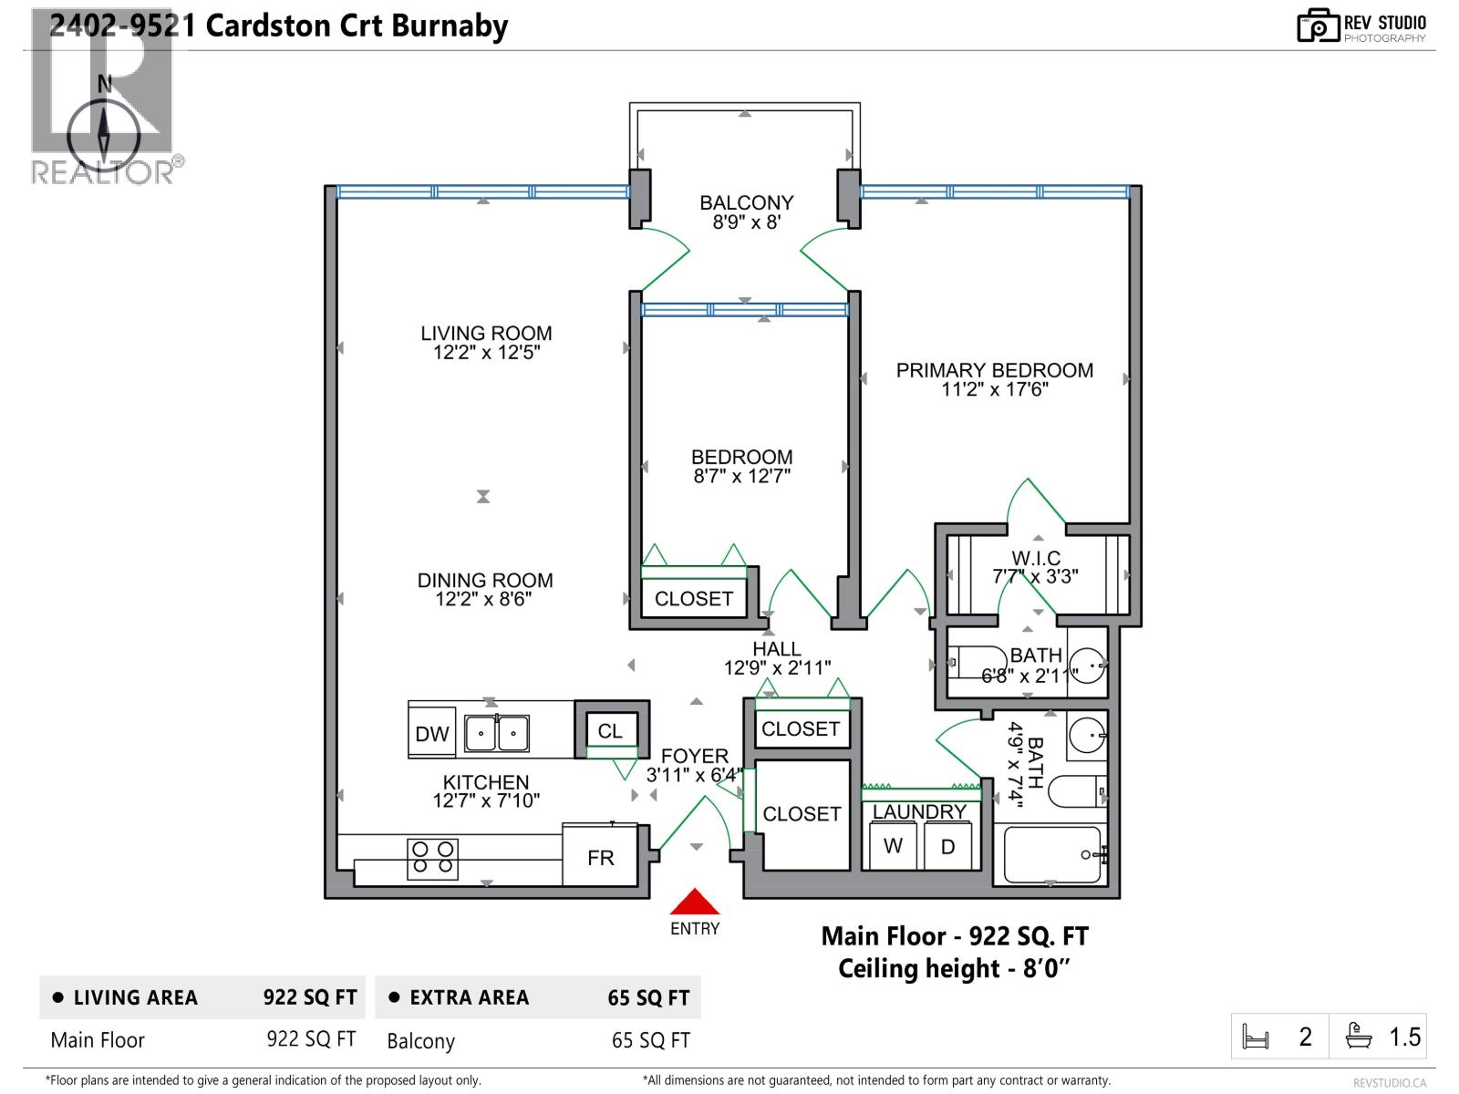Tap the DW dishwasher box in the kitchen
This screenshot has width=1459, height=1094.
click(x=431, y=734)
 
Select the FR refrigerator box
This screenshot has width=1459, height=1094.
click(x=600, y=857)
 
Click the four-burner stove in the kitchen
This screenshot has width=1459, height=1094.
click(x=432, y=859)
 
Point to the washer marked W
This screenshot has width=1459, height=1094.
click(x=893, y=846)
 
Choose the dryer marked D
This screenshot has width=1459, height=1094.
click(x=947, y=847)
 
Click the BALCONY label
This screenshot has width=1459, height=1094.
click(x=746, y=202)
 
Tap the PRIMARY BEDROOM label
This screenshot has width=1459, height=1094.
click(x=994, y=370)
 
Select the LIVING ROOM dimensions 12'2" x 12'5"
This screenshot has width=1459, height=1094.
click(x=486, y=353)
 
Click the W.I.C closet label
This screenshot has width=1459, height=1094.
click(x=1035, y=558)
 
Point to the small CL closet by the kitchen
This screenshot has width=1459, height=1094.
click(x=610, y=730)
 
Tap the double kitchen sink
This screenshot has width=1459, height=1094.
click(x=496, y=733)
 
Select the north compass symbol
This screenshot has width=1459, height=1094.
click(x=104, y=133)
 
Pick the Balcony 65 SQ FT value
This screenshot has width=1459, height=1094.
click(x=650, y=1040)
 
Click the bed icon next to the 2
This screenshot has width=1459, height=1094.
click(x=1256, y=1037)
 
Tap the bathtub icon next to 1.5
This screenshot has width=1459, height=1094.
click(x=1359, y=1037)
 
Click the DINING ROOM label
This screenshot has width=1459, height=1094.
click(x=485, y=580)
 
